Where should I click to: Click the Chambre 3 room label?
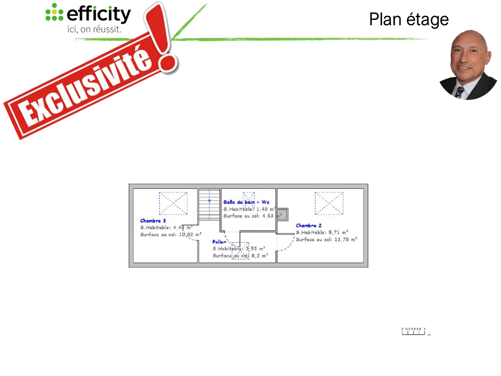[x=153, y=221]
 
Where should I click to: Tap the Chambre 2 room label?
[x=308, y=226]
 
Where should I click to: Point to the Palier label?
[x=219, y=242]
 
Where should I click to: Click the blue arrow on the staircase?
[x=209, y=201]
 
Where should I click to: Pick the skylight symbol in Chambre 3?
[x=173, y=203]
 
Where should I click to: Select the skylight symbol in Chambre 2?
[x=329, y=203]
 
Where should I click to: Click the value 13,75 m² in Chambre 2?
[x=346, y=239]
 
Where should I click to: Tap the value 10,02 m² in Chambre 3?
[x=190, y=235]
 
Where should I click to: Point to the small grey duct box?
[x=282, y=215]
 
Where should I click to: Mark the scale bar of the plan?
[x=414, y=332]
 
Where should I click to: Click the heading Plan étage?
[x=409, y=19]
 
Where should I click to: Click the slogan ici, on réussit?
[x=94, y=30]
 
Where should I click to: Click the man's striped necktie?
[x=460, y=92]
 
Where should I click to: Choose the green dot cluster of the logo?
[x=54, y=12]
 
